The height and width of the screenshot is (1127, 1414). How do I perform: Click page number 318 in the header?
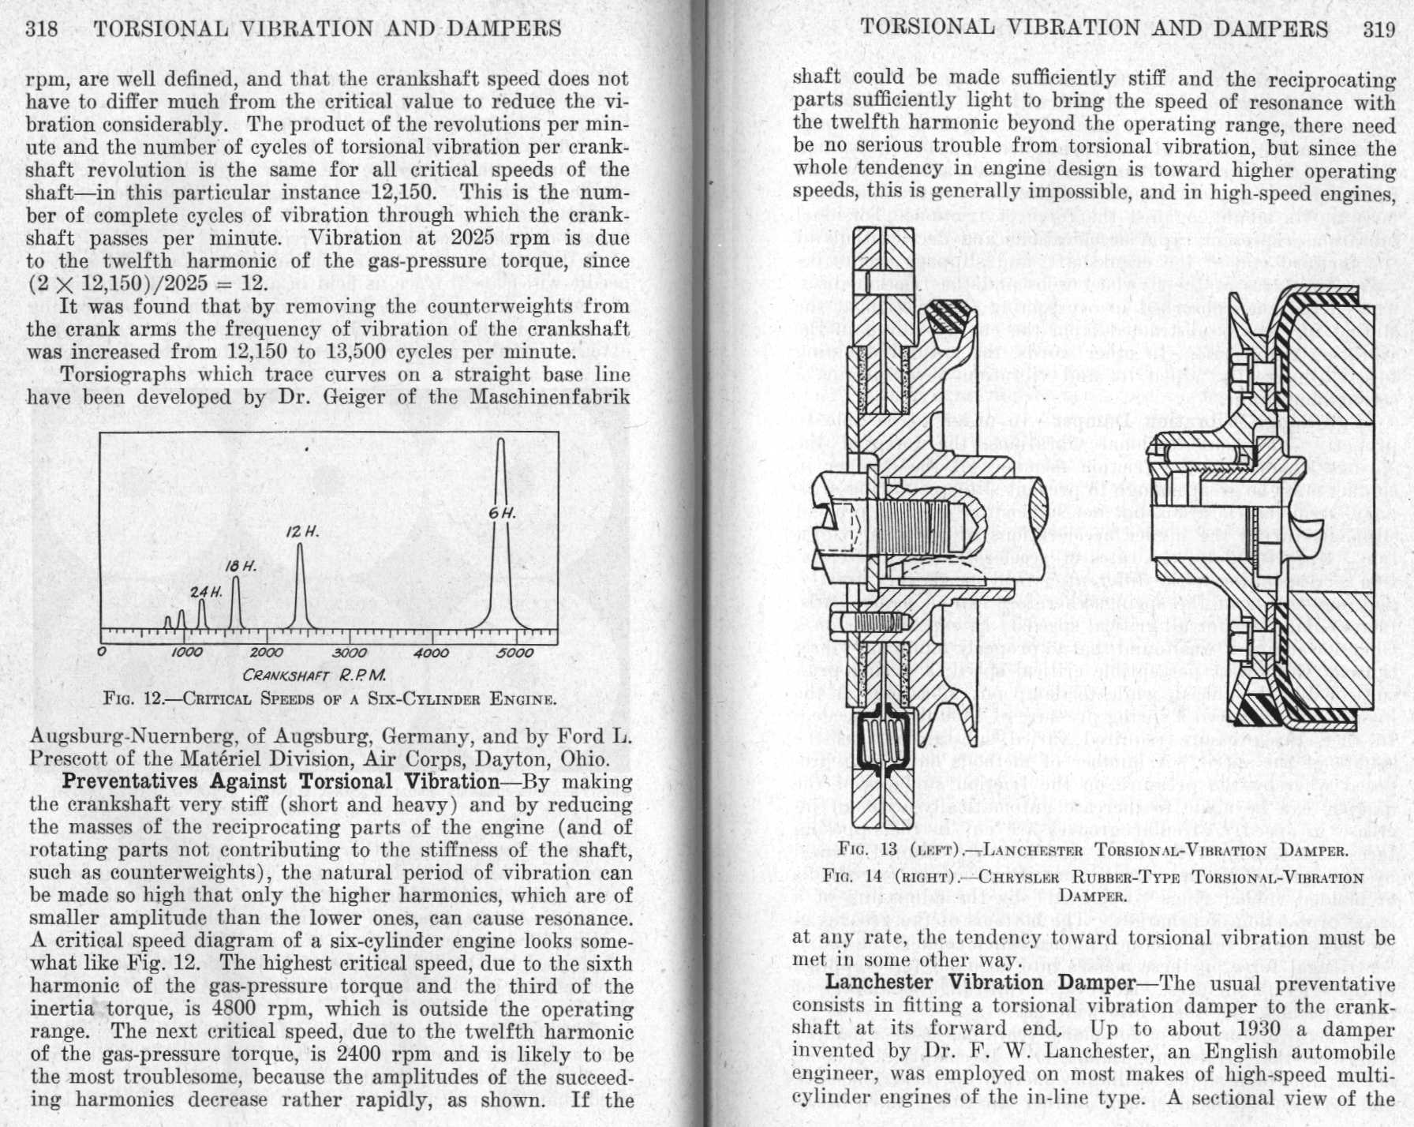coord(42,29)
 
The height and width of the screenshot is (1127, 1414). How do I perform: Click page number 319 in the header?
coord(1380,29)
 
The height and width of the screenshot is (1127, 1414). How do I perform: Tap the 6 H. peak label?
coord(502,513)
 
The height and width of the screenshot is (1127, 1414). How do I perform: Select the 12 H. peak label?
coord(302,532)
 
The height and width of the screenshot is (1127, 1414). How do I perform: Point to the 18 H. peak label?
coord(241,567)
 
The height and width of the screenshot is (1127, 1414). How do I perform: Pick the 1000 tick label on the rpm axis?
coord(186,653)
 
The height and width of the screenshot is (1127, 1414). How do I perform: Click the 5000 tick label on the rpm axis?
coord(515,653)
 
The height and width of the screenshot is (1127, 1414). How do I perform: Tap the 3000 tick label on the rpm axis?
coord(349,653)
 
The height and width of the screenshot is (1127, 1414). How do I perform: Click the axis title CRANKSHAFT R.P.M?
coord(314,676)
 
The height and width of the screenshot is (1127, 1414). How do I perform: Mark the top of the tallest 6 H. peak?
coord(500,440)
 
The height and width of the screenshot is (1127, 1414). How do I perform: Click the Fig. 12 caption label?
coord(132,699)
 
